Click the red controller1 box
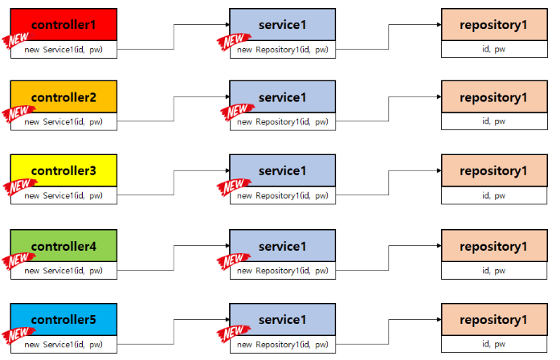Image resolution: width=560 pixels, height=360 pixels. click(x=63, y=24)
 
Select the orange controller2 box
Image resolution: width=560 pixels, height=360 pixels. click(x=63, y=97)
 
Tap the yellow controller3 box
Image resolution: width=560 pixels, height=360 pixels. click(x=63, y=170)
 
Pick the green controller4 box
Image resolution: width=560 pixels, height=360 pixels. click(x=63, y=245)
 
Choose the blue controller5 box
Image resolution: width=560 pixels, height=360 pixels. click(x=63, y=319)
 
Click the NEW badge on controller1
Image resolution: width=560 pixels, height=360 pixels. click(x=16, y=41)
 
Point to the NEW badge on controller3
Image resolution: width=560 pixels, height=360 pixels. click(x=16, y=187)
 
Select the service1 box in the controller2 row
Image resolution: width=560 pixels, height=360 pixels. click(x=282, y=97)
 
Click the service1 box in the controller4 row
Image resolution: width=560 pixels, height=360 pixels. click(x=282, y=245)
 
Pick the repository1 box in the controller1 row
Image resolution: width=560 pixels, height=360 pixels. click(x=493, y=24)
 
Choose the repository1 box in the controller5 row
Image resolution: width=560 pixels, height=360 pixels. click(x=493, y=319)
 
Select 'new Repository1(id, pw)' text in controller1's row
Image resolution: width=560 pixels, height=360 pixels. click(x=283, y=50)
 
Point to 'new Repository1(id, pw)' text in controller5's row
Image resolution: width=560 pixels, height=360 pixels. click(x=283, y=345)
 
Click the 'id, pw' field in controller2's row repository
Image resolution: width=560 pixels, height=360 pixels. click(x=493, y=122)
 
